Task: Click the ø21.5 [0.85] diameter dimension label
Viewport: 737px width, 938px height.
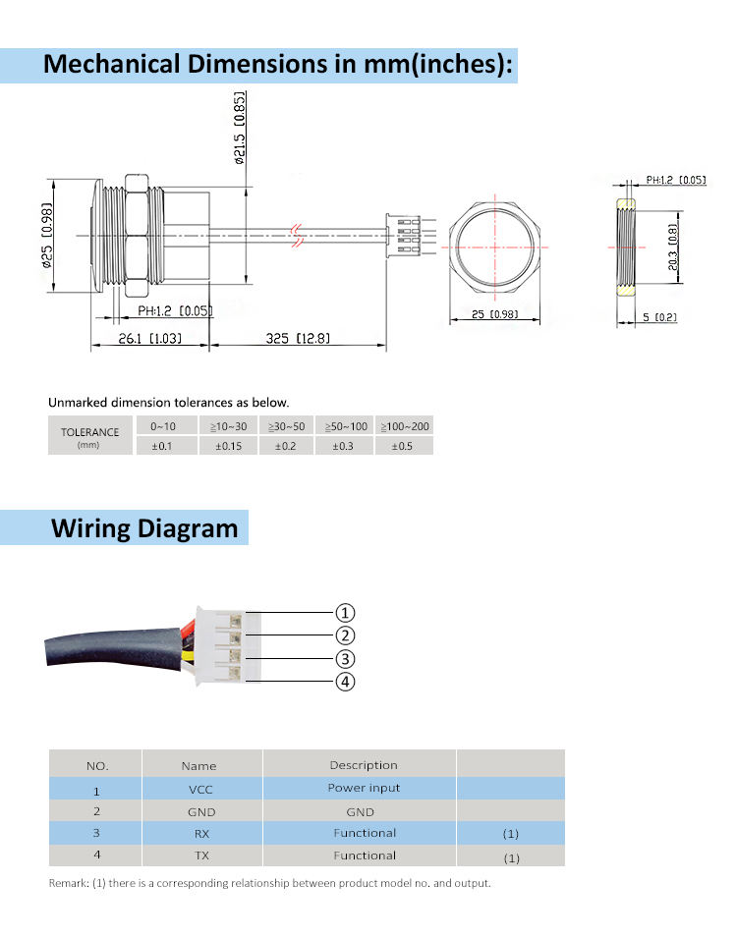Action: (x=240, y=128)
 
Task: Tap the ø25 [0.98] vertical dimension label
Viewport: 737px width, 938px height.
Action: (x=47, y=235)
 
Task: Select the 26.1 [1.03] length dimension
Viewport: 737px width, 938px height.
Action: (x=149, y=339)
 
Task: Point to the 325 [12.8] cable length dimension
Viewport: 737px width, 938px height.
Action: (x=298, y=339)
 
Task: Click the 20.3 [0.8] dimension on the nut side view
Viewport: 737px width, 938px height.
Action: (x=673, y=248)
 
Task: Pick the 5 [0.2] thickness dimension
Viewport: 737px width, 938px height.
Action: (x=659, y=316)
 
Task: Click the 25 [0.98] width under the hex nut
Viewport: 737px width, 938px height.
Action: (x=494, y=314)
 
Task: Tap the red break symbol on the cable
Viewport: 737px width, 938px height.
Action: (x=296, y=236)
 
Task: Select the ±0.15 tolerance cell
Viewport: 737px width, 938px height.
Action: (x=229, y=446)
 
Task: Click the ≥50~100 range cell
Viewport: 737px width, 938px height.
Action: (x=346, y=426)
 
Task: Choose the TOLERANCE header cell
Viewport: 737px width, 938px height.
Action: (x=89, y=435)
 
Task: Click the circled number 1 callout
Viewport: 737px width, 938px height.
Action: (x=345, y=613)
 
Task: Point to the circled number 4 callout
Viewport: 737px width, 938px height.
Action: (x=345, y=682)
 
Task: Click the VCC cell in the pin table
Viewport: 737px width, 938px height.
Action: (x=201, y=789)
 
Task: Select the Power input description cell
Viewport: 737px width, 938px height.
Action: (x=364, y=788)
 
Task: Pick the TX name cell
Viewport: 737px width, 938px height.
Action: (x=201, y=855)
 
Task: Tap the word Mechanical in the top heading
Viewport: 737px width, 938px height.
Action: (x=111, y=64)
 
